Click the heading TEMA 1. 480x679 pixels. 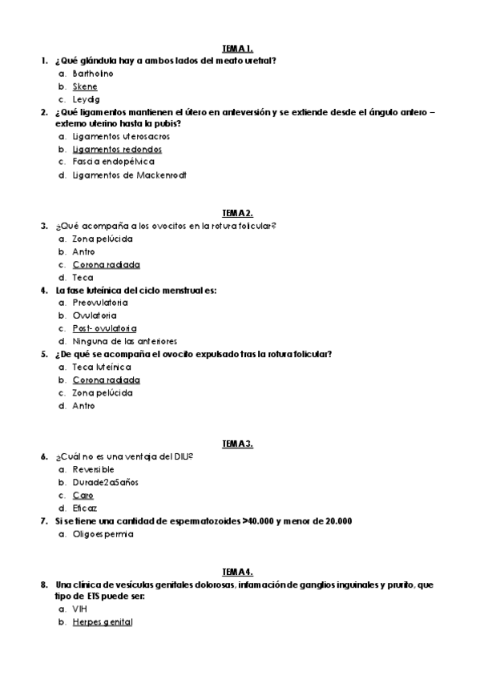(x=237, y=48)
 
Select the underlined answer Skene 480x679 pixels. (x=85, y=86)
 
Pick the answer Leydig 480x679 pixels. (x=86, y=99)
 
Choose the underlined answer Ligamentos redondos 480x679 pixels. (x=117, y=149)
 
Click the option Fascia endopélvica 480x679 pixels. (x=115, y=162)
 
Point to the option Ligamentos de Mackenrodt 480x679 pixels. (x=129, y=175)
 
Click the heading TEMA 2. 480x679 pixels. (x=237, y=213)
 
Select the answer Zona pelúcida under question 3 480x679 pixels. (x=103, y=239)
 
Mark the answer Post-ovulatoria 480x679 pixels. (x=105, y=328)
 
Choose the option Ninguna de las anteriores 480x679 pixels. (x=125, y=341)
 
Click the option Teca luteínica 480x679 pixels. (x=102, y=367)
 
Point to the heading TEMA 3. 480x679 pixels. (x=237, y=444)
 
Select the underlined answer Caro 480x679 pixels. (x=83, y=495)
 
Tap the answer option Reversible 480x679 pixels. (x=93, y=469)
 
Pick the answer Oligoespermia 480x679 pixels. (x=103, y=533)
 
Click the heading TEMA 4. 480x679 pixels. (x=237, y=572)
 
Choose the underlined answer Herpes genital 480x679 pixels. (x=103, y=621)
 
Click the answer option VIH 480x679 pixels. (x=79, y=609)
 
